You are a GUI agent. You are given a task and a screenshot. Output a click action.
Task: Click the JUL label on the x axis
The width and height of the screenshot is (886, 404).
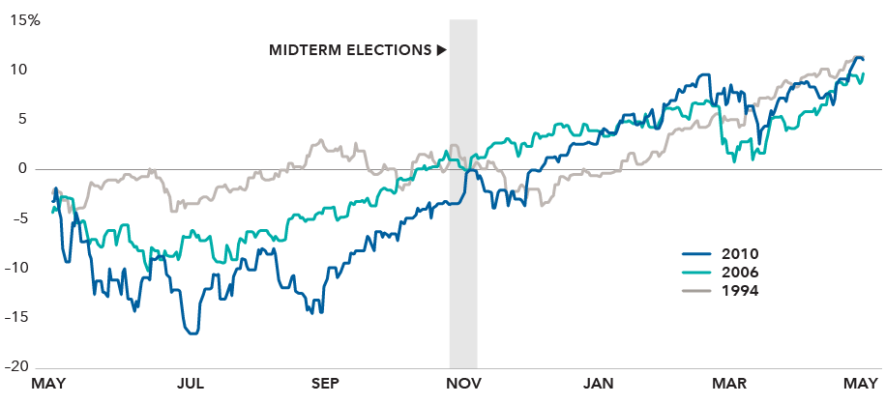tap(190, 385)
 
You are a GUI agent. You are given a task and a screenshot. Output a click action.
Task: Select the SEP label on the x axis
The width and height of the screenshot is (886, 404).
tap(326, 385)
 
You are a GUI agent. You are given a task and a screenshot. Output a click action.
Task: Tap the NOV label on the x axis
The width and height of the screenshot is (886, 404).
tap(462, 385)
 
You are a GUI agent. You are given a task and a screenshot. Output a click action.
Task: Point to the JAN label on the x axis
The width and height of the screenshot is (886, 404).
tap(599, 385)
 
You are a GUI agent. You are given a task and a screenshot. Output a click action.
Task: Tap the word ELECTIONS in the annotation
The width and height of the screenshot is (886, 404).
tap(388, 49)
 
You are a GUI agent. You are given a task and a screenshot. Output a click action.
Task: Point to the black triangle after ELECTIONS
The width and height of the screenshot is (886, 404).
tap(441, 49)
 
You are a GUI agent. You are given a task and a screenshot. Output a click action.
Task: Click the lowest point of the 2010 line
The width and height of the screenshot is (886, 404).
tap(192, 333)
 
